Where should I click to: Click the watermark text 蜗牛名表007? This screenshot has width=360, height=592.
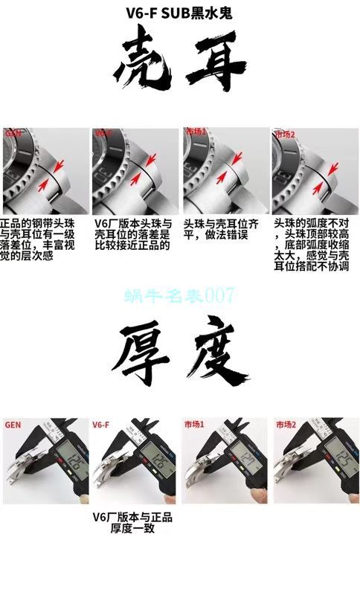pos(180,295)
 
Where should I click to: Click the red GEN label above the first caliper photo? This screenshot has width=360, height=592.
pos(13,425)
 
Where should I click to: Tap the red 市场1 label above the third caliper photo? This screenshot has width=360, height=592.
pos(194,425)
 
